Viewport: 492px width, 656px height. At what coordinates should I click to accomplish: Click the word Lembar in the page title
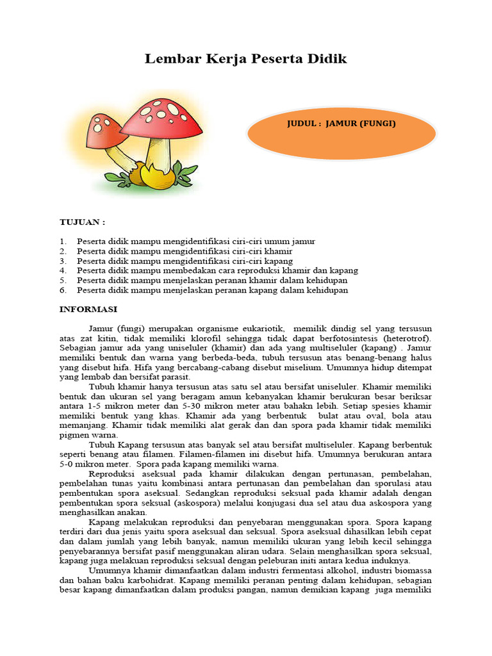[168, 59]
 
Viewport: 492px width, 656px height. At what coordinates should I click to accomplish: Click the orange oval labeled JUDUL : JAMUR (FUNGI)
[341, 133]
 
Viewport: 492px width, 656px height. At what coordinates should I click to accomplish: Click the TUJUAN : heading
[82, 222]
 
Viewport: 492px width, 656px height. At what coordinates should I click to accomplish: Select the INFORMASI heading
[88, 309]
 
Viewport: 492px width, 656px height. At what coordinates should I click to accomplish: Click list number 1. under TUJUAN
[63, 242]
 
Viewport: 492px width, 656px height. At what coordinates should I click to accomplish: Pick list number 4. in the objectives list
[63, 270]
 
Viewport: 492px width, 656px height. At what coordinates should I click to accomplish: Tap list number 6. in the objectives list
[63, 290]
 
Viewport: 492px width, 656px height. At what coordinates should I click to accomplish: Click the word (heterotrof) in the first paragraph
[407, 338]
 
